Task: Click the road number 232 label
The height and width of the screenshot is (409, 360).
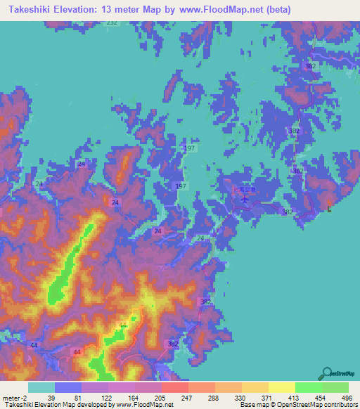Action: pyautogui.click(x=112, y=22)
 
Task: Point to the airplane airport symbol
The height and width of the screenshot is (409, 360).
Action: pyautogui.click(x=245, y=199)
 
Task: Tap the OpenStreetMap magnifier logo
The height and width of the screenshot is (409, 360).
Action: pyautogui.click(x=328, y=374)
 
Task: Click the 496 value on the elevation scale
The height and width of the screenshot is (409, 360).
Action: pyautogui.click(x=345, y=397)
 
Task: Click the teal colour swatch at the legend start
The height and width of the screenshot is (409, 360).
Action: pyautogui.click(x=41, y=387)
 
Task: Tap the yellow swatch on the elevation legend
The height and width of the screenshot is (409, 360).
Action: pyautogui.click(x=281, y=387)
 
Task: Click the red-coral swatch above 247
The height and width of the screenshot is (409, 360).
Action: pyautogui.click(x=174, y=387)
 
